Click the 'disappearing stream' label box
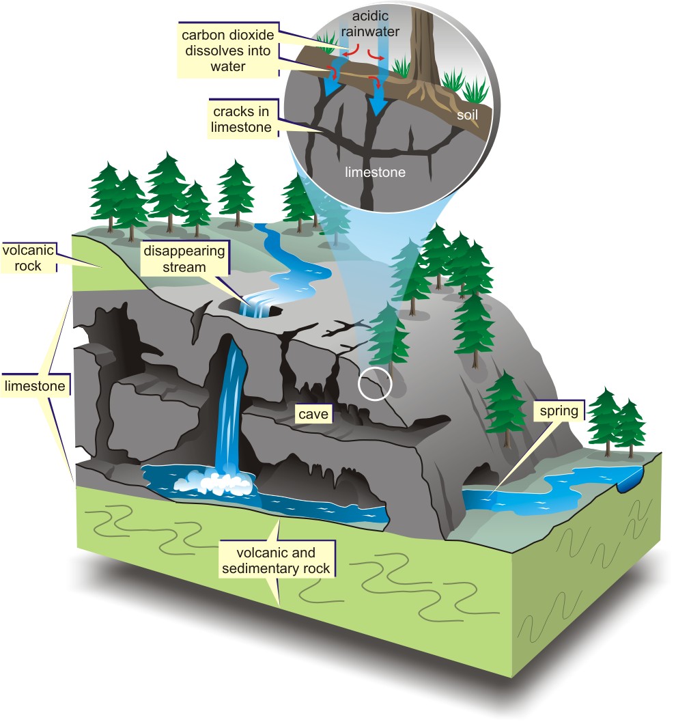point(184,259)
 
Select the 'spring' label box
point(559,411)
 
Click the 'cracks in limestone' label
point(242,118)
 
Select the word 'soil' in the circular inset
point(467,116)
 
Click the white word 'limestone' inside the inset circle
point(375,172)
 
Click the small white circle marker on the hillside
point(375,384)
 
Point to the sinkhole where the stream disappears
point(259,311)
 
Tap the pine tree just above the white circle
point(387,338)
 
